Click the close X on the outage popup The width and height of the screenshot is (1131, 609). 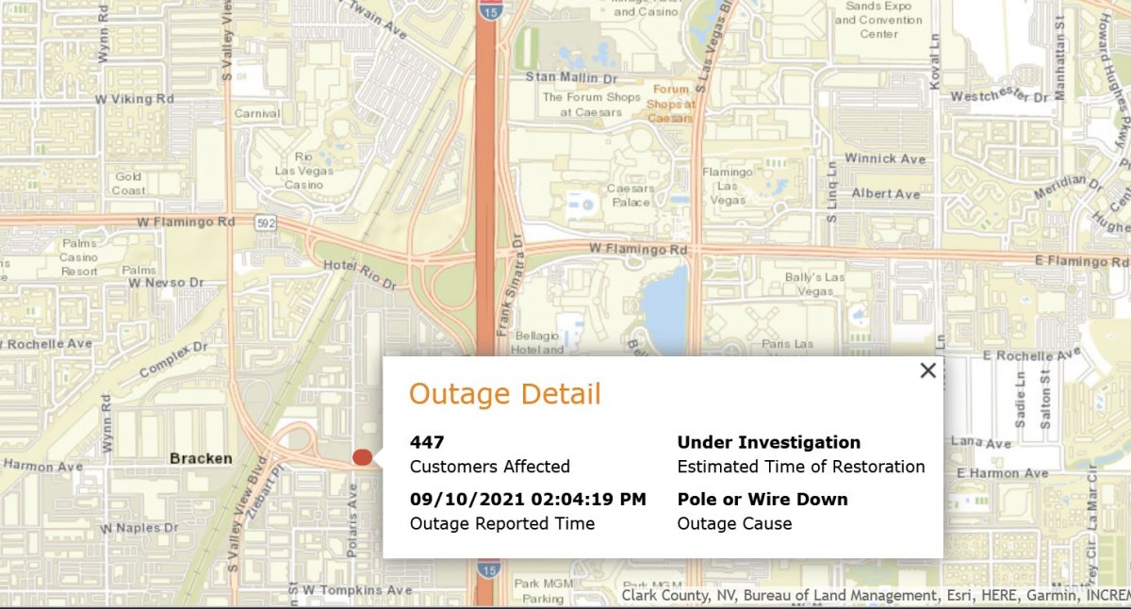(x=927, y=370)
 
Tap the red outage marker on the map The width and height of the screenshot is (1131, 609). (x=362, y=457)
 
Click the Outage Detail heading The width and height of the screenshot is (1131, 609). (x=504, y=394)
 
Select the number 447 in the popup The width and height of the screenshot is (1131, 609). (x=427, y=442)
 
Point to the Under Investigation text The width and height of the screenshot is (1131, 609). (x=768, y=442)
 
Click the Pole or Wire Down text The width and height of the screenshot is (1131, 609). (x=762, y=499)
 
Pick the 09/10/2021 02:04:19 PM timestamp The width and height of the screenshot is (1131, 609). (x=528, y=499)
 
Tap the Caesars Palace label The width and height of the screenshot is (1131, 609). (x=631, y=195)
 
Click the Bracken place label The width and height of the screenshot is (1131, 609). (x=201, y=458)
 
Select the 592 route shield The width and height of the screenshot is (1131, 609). (x=266, y=222)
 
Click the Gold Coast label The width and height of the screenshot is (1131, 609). (x=129, y=183)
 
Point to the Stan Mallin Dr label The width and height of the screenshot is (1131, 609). (x=570, y=76)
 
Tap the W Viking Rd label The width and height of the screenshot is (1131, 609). (x=136, y=98)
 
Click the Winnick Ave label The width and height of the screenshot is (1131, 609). (x=885, y=158)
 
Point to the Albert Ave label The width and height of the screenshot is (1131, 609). (x=885, y=193)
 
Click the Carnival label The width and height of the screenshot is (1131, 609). (x=256, y=114)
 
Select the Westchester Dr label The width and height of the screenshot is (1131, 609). (x=999, y=96)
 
